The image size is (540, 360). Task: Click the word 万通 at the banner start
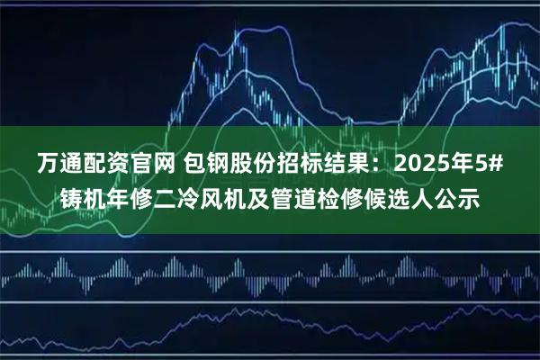(58, 164)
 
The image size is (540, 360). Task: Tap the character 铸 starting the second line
(71, 197)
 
